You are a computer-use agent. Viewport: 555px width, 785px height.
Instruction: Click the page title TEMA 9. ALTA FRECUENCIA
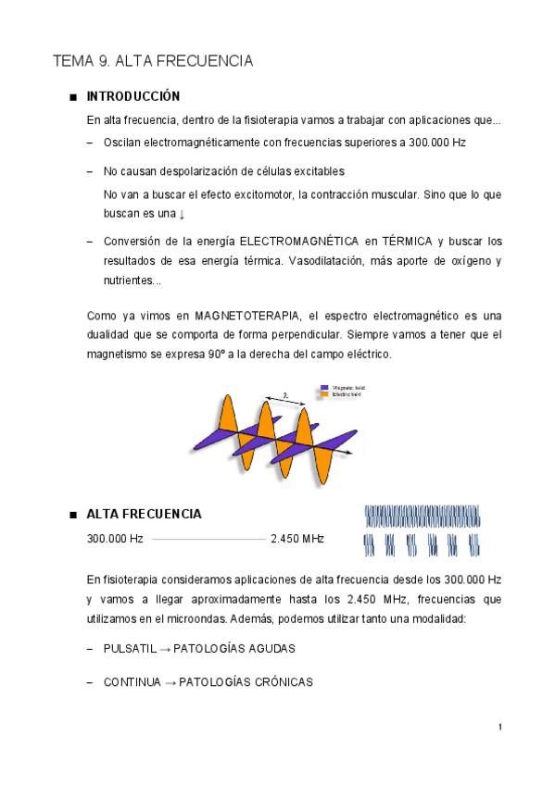coord(153,62)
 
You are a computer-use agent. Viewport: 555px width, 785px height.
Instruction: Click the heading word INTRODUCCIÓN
coord(132,97)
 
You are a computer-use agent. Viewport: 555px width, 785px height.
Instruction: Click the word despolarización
coord(201,172)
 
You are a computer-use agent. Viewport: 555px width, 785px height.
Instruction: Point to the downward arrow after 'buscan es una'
coord(182,214)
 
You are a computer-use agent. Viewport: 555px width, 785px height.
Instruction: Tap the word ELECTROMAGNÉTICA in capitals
coord(302,242)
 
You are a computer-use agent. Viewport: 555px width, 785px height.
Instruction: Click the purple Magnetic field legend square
coord(323,387)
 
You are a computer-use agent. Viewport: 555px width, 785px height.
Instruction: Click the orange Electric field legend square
coord(323,394)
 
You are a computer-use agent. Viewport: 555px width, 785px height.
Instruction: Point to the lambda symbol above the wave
coord(286,395)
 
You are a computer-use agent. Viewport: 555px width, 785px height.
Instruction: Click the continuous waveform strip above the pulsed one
coord(423,516)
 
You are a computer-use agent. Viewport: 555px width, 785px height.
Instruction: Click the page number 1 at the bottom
coord(499,727)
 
